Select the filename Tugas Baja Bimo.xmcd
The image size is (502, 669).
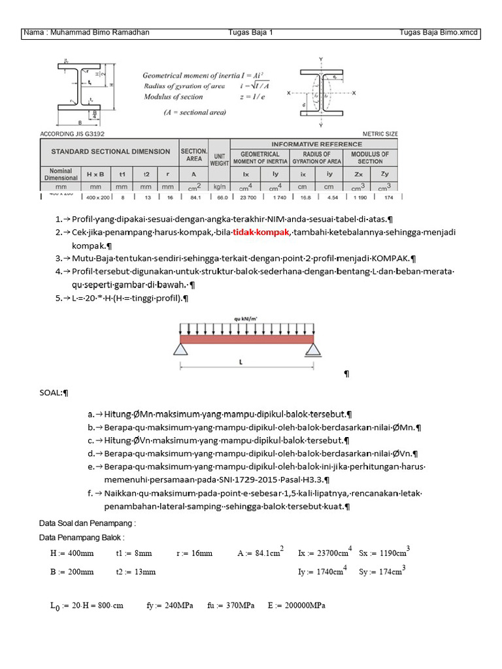[439, 33]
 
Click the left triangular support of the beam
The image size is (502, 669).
[181, 350]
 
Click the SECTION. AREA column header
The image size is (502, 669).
[193, 155]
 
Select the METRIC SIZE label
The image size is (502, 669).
[380, 134]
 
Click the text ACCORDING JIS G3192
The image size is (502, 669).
[76, 134]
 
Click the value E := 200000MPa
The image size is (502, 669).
[296, 606]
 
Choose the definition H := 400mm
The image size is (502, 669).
[72, 553]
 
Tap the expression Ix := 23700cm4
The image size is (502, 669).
[325, 552]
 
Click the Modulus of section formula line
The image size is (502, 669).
[173, 97]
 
